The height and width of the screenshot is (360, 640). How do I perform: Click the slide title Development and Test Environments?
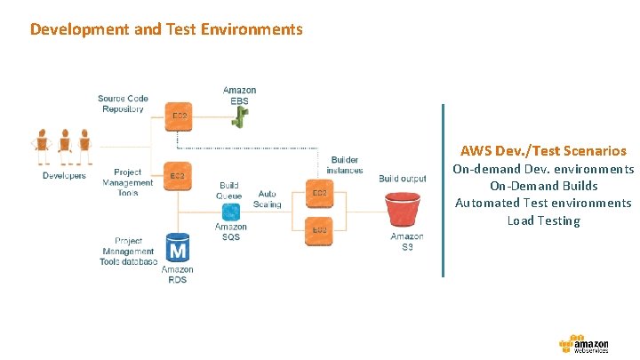[166, 29]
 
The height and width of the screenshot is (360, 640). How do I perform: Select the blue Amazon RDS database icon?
[178, 246]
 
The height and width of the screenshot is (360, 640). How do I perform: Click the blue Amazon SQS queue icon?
[230, 212]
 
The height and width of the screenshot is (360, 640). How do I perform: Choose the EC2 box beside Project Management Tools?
[178, 176]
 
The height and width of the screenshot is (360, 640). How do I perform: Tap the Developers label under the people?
[64, 176]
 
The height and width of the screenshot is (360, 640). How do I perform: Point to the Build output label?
[402, 179]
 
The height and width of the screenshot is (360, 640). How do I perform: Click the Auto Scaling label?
[268, 198]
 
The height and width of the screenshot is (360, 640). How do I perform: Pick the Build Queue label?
[229, 190]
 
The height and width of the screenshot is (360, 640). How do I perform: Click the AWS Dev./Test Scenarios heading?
[543, 151]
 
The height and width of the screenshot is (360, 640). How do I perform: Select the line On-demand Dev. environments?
[543, 169]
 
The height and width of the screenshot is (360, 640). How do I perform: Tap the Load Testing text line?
[543, 220]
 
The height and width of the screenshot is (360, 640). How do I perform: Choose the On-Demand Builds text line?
[543, 186]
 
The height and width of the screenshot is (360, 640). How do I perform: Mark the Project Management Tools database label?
[129, 251]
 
